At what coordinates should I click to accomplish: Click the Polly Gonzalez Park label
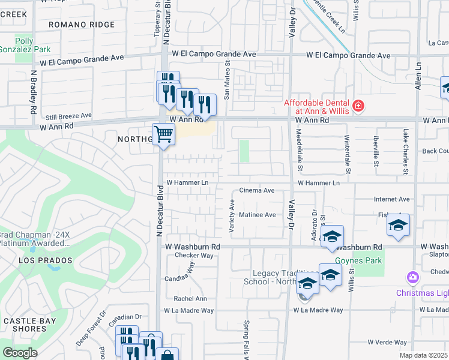(25, 46)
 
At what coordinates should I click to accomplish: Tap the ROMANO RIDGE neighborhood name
(82, 25)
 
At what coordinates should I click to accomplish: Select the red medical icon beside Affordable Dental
(358, 106)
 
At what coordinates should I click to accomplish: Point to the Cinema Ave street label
(257, 190)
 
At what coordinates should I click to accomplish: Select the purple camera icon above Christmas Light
(413, 278)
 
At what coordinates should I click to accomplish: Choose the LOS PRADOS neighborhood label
(46, 261)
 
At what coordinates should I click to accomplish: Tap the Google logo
(20, 353)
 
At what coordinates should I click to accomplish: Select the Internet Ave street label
(391, 199)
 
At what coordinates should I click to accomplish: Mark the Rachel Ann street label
(190, 299)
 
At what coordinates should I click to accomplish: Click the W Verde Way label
(387, 342)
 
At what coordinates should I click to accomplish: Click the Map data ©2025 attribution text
(424, 355)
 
